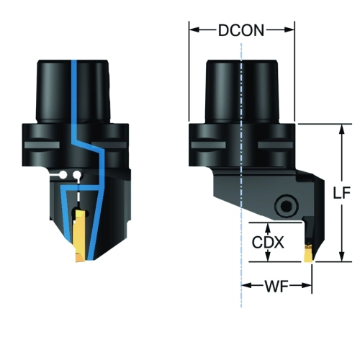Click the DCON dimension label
coord(241,30)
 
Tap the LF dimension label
coord(342,192)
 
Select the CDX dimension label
coord(268,243)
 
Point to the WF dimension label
coord(276,286)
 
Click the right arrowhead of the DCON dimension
coord(289,30)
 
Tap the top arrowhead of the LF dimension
coord(342,130)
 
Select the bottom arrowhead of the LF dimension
coord(342,256)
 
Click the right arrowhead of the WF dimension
coord(307,285)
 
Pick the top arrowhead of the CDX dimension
coord(269,228)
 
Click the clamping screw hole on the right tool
coord(287,206)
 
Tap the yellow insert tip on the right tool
coord(309,254)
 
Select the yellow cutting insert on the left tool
coord(80,236)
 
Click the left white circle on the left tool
coord(63,175)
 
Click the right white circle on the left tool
coord(77,175)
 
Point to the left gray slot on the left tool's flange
coord(42,145)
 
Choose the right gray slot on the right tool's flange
coord(275,145)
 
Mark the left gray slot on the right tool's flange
coord(208,145)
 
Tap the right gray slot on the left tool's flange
coord(109,145)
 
